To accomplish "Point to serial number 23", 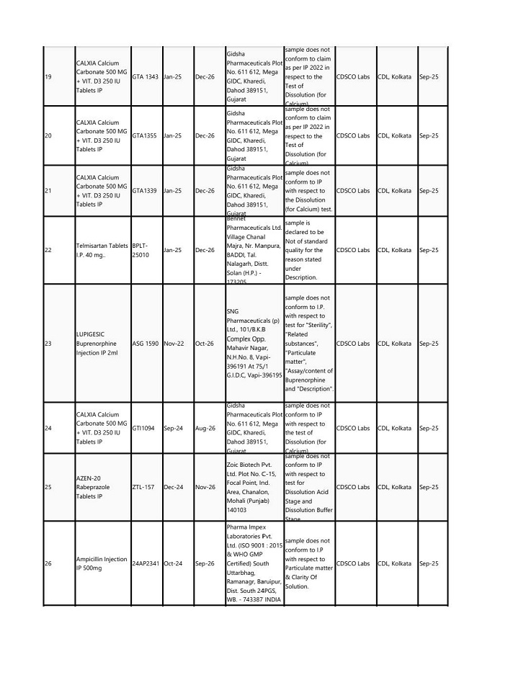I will tap(48, 344).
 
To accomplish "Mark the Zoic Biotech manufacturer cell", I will tap(253, 487).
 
